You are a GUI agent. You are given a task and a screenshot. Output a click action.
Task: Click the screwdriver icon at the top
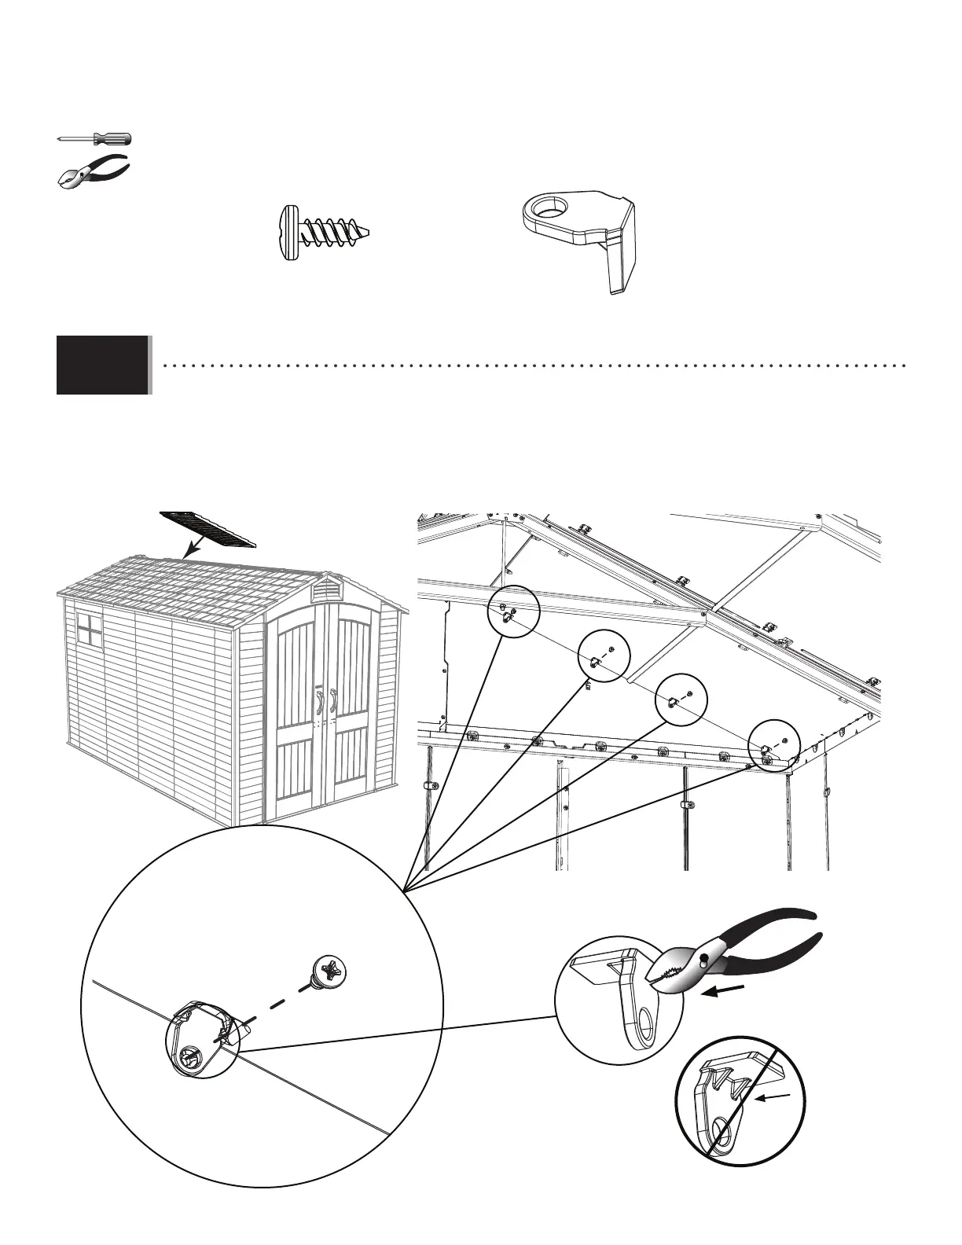94,139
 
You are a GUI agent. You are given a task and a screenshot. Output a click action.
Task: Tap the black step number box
103,365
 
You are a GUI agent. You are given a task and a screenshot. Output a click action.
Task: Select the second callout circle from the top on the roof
603,656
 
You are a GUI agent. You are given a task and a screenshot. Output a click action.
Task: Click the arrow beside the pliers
721,992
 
